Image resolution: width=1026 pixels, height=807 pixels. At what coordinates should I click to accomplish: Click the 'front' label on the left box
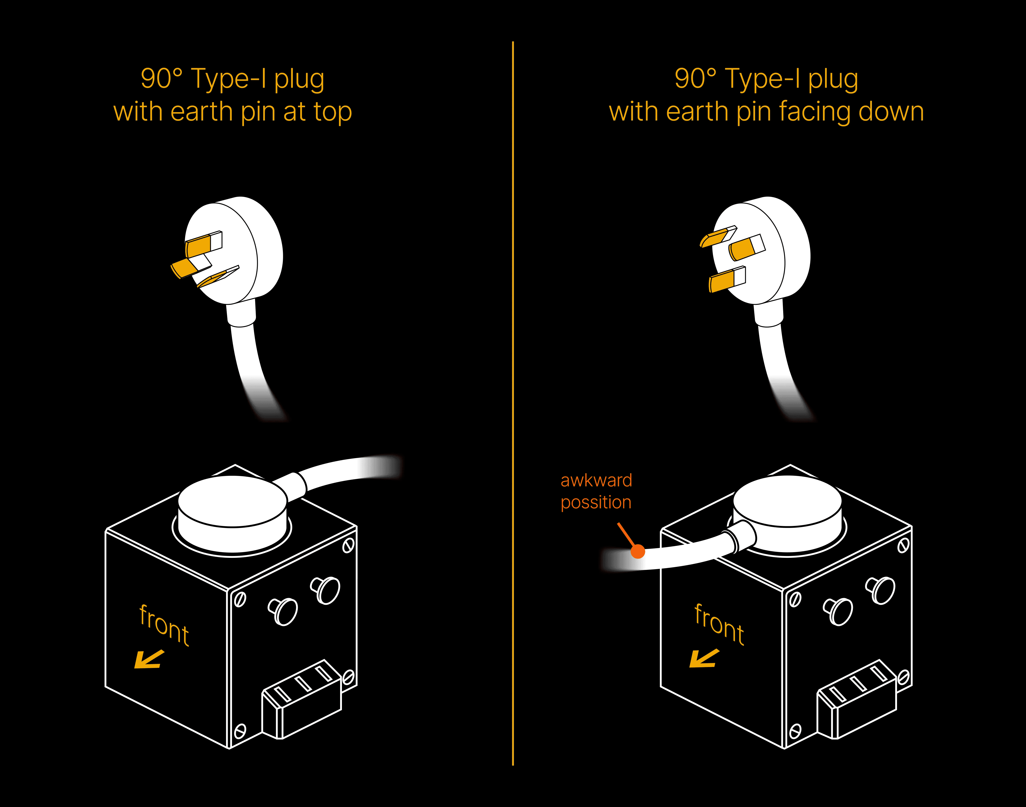pos(164,625)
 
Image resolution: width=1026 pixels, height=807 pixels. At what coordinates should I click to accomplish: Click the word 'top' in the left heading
pos(332,112)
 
